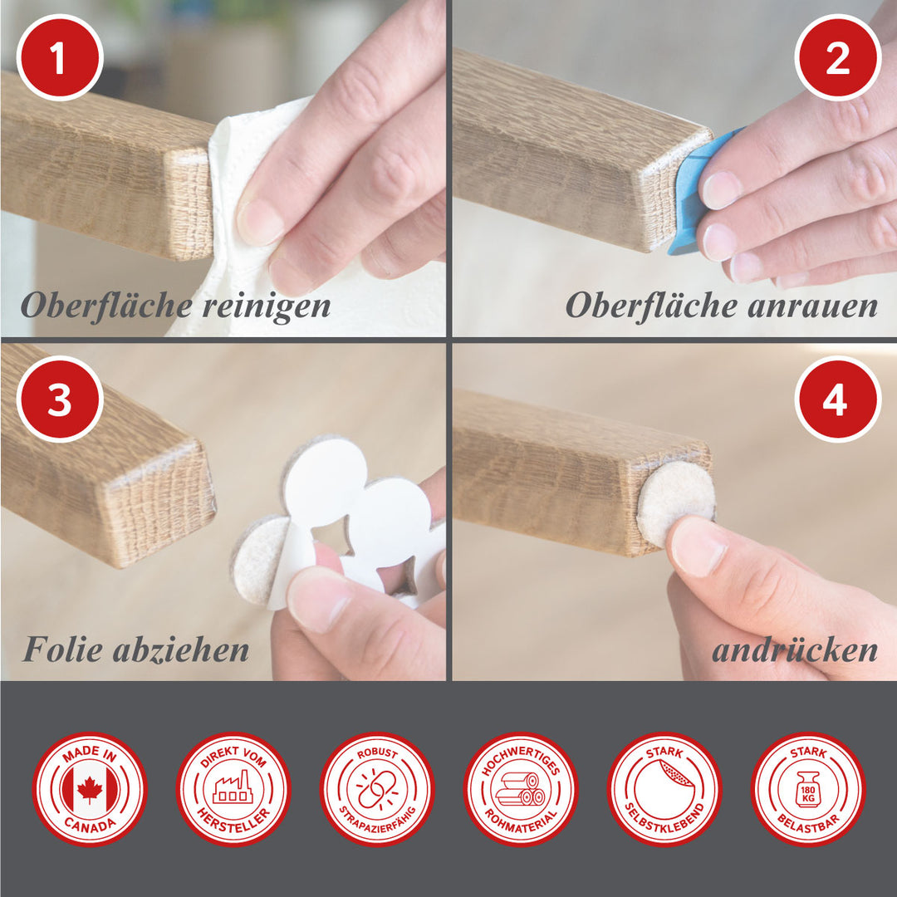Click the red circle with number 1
point(60,58)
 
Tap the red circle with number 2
point(837,58)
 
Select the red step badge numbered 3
point(60,399)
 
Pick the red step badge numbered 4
point(837,399)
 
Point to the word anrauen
point(812,306)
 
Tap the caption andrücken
point(795,650)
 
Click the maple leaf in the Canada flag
point(90,790)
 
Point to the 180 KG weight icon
point(808,790)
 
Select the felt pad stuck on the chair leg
point(675,503)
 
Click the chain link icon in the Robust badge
point(377,790)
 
